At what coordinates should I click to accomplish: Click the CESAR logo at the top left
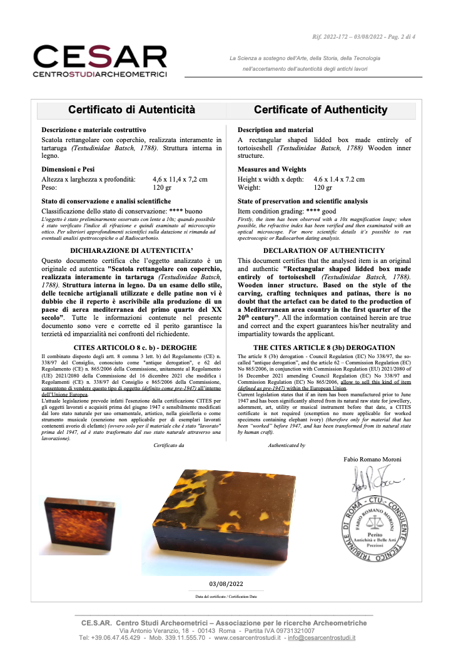pos(100,61)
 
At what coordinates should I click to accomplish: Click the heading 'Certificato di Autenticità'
pos(132,110)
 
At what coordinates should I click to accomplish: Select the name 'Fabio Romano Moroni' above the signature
pos(373,459)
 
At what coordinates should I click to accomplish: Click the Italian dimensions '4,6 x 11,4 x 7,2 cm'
pos(180,179)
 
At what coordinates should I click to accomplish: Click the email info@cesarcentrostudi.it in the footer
pos(322,637)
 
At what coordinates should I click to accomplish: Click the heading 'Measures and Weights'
pos(272,169)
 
